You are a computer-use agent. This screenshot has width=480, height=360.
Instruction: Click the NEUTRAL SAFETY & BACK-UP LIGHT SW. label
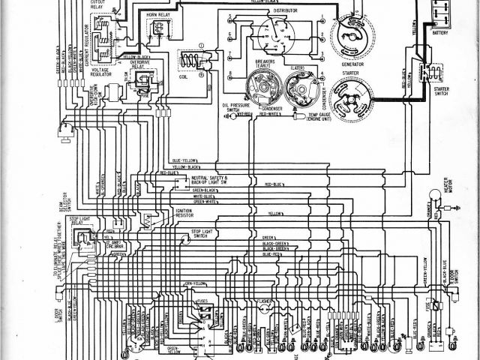tap(214, 181)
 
